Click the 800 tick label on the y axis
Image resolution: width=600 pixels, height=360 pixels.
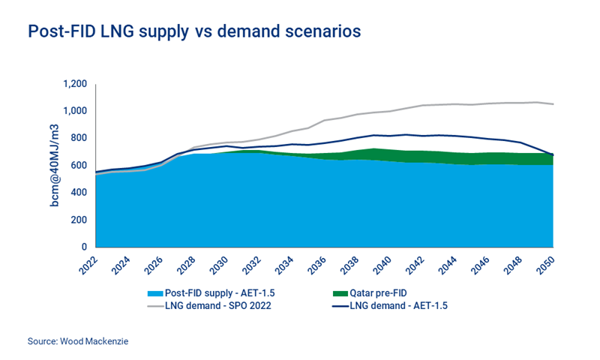pos(78,138)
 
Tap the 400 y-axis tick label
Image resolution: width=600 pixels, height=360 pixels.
pos(78,193)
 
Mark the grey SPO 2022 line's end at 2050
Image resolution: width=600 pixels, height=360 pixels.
pos(553,104)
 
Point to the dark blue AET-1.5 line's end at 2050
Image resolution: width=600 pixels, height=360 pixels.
pos(553,155)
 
